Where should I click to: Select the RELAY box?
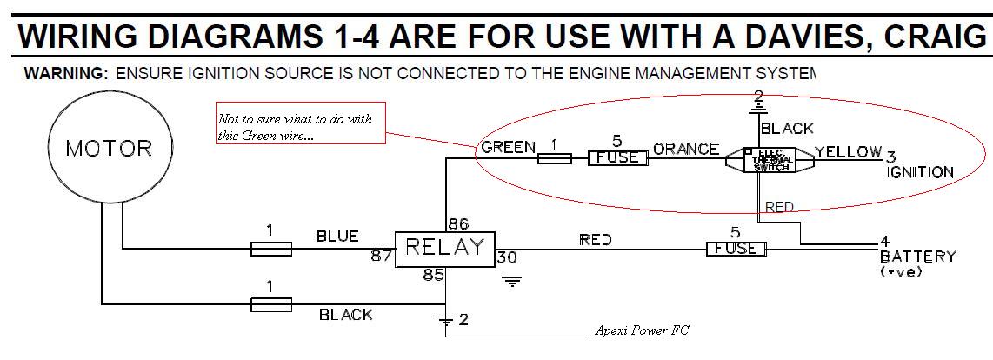(445, 249)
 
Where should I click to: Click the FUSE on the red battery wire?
(736, 249)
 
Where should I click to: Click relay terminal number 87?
(380, 256)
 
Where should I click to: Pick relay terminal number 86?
(457, 223)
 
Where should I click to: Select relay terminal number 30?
(507, 257)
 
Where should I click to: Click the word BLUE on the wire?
(337, 237)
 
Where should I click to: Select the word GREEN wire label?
(508, 147)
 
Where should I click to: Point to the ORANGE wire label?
(686, 149)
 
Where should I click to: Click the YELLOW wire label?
(849, 152)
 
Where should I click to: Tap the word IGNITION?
(920, 172)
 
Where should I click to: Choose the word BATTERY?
(917, 257)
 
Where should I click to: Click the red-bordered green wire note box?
(301, 126)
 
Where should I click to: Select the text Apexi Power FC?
(643, 331)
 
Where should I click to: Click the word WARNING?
(66, 73)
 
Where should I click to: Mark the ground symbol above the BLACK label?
(759, 105)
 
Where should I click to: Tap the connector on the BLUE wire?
(270, 250)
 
